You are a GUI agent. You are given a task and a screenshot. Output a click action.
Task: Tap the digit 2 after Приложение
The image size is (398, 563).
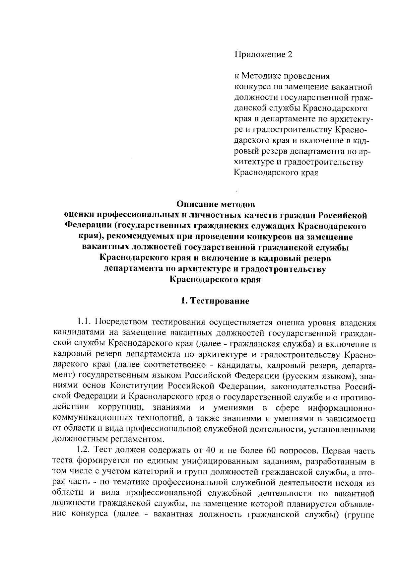tap(290, 54)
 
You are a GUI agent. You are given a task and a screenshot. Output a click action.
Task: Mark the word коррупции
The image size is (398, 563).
tap(120, 407)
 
